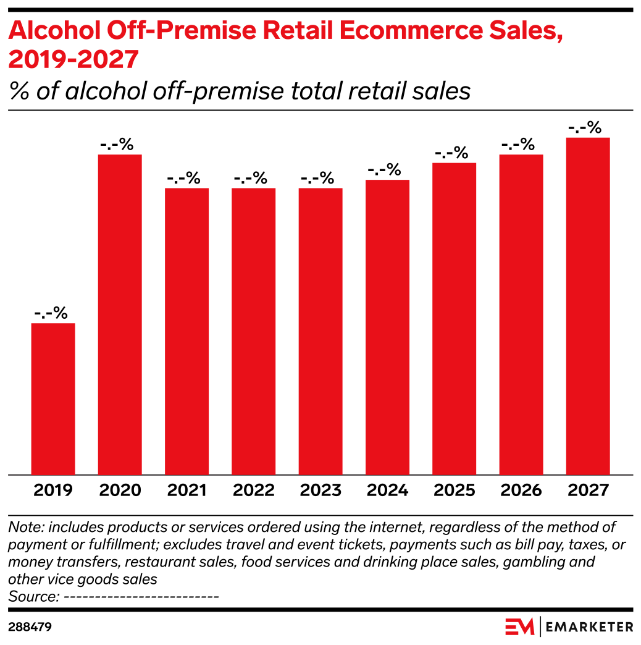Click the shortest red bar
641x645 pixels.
coord(53,399)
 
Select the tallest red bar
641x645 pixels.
coord(588,306)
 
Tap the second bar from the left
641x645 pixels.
coord(120,314)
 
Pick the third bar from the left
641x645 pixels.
coord(187,331)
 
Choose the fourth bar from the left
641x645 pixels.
coord(254,331)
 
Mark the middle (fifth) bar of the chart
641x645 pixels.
coord(320,331)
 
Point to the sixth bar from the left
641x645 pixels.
coord(388,327)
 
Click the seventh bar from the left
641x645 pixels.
coord(455,319)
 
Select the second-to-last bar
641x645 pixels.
coord(521,314)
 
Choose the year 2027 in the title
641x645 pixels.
coord(106,61)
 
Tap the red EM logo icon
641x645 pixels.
coord(519,626)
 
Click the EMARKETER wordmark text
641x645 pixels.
coord(590,627)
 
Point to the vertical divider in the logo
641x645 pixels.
coord(540,626)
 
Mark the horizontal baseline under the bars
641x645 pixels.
coord(320,475)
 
